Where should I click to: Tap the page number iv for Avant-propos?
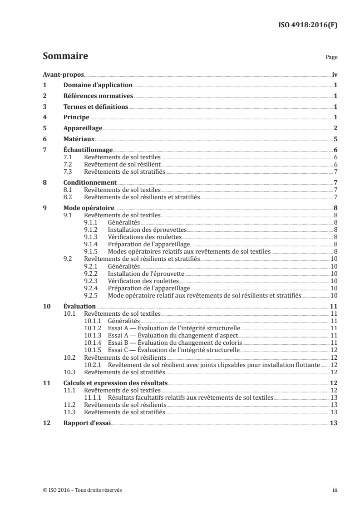(335, 74)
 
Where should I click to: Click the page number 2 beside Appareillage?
(335, 128)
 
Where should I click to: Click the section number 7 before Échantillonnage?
(44, 150)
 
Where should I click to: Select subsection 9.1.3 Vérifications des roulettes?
(144, 237)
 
